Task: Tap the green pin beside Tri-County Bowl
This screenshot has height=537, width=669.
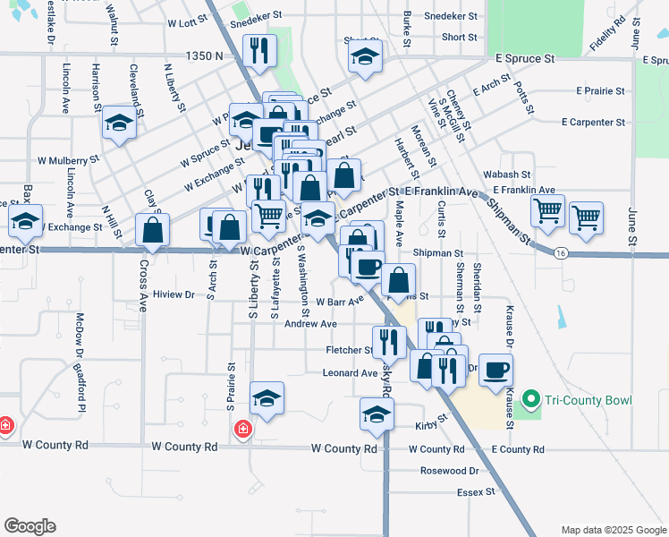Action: [530, 400]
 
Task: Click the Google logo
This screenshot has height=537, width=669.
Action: [30, 526]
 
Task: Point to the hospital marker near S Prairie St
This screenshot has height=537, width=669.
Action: [242, 431]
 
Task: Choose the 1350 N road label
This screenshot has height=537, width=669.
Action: [205, 55]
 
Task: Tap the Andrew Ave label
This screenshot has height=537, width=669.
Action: [310, 324]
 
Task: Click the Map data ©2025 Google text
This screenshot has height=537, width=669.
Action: [612, 530]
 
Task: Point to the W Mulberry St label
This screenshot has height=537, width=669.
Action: [68, 161]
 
